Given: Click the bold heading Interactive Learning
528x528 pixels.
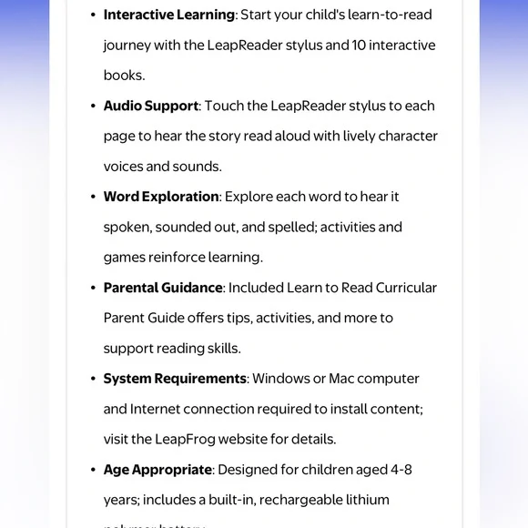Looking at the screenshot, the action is [x=168, y=15].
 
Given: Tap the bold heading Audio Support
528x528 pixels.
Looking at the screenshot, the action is [x=150, y=106].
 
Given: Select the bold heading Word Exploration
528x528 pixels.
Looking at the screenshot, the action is [x=161, y=197].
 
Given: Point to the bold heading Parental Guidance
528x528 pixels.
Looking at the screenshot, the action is [x=163, y=288].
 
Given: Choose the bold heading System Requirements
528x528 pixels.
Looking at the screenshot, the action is [x=175, y=379].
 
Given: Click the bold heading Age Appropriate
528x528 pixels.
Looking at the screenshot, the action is [x=157, y=470].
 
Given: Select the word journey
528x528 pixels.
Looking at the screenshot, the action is [x=127, y=46].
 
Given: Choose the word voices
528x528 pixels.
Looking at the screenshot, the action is [x=123, y=167].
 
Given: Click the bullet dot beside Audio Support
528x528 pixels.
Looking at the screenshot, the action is [x=93, y=107].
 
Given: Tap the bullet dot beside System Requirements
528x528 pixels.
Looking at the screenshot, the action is [x=93, y=380].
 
